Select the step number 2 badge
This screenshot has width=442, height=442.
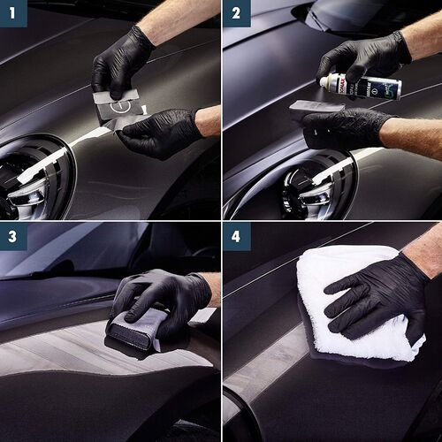pyautogui.click(x=237, y=14)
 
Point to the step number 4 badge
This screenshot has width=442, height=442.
pyautogui.click(x=237, y=237)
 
